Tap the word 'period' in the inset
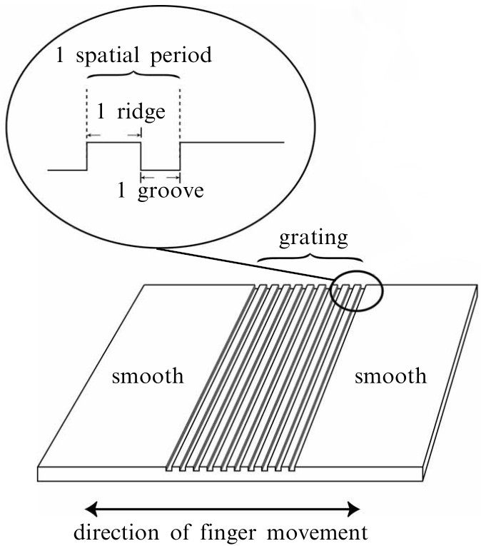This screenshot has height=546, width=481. click(181, 56)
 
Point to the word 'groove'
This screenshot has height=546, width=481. click(171, 191)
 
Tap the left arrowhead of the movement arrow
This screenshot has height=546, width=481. click(90, 508)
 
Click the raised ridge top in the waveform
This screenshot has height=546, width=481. click(113, 143)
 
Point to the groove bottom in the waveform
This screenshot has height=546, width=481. click(161, 170)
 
